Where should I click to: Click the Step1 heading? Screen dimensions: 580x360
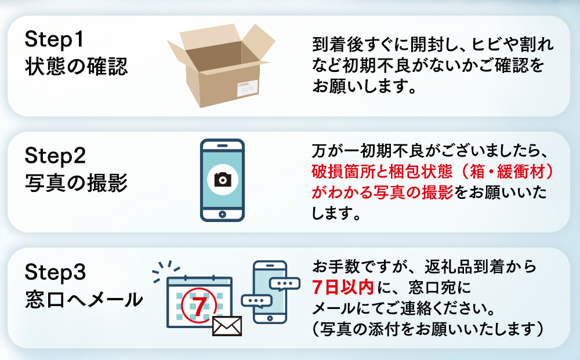coord(55,39)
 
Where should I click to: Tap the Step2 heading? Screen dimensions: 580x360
coord(55,155)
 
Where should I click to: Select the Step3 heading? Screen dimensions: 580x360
coord(55,272)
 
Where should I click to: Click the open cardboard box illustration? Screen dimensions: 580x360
coord(221,66)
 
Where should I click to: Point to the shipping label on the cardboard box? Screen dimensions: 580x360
coord(247,88)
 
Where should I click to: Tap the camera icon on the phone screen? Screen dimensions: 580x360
coord(222,180)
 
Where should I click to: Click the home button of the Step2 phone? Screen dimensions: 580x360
coord(222,214)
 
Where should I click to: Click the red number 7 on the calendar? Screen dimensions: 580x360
coord(200,306)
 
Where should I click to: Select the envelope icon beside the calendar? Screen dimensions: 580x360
coord(227,326)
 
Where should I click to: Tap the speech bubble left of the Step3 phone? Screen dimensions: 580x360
coord(256,301)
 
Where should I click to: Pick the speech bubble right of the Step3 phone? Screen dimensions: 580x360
coord(285,284)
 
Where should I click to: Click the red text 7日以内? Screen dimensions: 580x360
coord(343,287)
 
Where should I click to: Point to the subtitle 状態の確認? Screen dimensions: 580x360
coord(76,67)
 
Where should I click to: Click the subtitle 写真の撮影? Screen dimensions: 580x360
coord(76,183)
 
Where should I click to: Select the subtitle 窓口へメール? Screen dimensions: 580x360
coord(84,299)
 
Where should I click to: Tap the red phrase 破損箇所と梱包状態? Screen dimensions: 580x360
coord(382,172)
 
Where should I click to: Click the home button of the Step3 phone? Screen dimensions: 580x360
coord(270,318)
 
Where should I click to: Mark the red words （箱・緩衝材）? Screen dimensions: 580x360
coord(503,172)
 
